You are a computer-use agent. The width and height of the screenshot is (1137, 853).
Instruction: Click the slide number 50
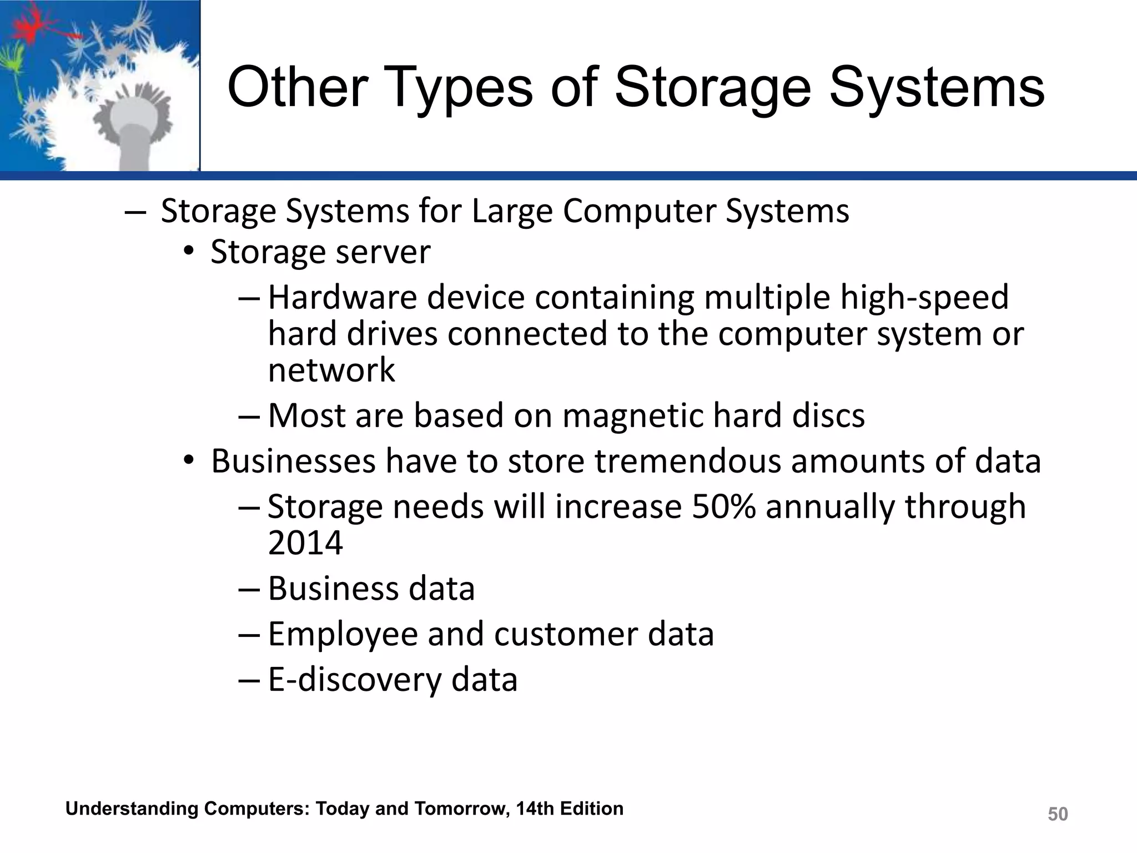tap(1058, 814)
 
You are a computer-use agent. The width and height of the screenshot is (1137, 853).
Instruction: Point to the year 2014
tap(305, 543)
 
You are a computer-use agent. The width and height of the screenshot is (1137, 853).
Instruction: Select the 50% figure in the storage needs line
tap(723, 506)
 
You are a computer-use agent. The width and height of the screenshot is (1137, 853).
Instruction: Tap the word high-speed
tap(924, 298)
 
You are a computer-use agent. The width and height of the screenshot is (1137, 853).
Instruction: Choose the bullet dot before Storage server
tap(189, 253)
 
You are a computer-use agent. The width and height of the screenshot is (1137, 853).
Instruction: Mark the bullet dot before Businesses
tap(189, 461)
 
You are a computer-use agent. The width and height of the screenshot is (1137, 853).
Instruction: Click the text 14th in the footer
tap(535, 809)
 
